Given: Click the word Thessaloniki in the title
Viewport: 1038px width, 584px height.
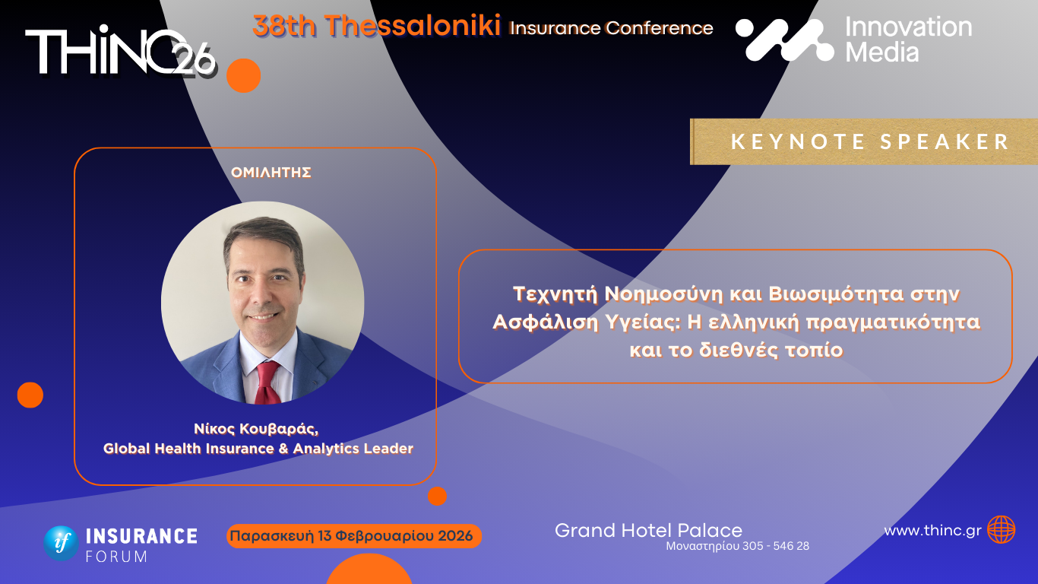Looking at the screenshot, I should [x=413, y=27].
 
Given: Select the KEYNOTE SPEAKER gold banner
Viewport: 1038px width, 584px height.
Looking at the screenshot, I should [x=864, y=141].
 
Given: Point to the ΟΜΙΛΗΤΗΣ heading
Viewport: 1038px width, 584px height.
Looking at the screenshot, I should [x=271, y=173].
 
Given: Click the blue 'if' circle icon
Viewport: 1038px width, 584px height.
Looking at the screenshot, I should [x=61, y=543].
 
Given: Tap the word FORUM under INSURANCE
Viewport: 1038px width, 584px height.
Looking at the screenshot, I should [x=116, y=556].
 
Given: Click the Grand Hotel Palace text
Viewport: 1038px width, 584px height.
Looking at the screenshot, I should [x=648, y=530].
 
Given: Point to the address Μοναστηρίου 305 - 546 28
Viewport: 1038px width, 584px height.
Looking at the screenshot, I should [x=737, y=546].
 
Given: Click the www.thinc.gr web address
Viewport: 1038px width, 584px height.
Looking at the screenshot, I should [x=932, y=531].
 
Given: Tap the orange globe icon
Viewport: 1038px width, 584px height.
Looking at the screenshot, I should [x=1001, y=529].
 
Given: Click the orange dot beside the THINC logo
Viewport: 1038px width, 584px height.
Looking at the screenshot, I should [x=243, y=75].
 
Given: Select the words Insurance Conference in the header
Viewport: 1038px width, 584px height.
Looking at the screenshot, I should [x=611, y=29].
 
